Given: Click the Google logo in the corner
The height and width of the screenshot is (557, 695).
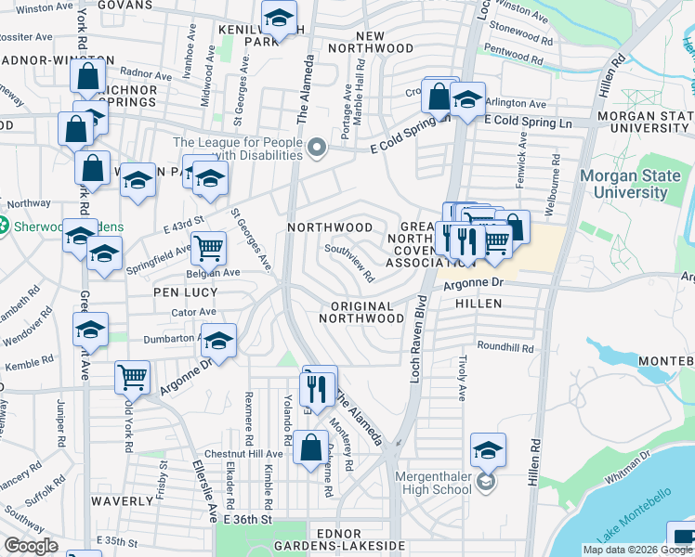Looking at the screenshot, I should click(32, 546).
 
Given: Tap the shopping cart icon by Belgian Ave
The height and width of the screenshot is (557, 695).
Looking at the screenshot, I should click(209, 248).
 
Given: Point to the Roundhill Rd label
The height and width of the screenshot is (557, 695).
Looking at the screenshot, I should click(505, 349).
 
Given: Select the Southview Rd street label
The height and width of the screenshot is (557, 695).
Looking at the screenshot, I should click(349, 263).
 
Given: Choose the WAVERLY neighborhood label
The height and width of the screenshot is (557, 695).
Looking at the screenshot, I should click(122, 500).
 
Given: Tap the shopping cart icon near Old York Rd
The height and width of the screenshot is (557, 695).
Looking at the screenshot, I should click(133, 377).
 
